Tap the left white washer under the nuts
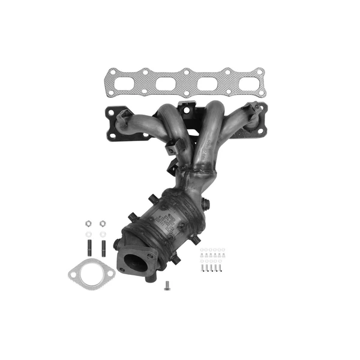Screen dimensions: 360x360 click(x=88, y=233)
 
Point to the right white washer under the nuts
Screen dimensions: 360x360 click(x=103, y=233)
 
